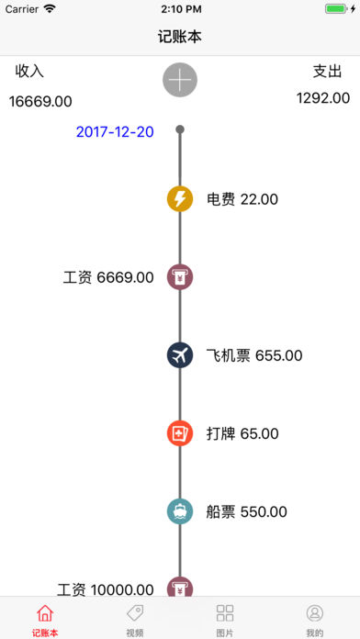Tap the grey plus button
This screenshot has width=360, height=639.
click(180, 80)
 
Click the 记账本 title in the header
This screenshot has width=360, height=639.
click(180, 37)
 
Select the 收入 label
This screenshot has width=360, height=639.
click(29, 71)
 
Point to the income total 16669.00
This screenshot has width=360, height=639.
click(40, 101)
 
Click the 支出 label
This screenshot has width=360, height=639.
click(328, 71)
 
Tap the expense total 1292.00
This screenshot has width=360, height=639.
click(322, 97)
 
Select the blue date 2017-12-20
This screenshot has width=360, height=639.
click(115, 131)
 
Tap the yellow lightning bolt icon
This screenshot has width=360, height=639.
click(180, 198)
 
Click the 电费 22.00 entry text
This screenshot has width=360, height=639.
click(242, 198)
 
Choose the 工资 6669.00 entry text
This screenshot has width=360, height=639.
click(108, 277)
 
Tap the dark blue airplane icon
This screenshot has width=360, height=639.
click(180, 355)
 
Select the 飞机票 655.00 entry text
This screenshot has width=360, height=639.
click(254, 355)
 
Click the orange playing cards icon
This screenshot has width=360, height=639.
click(180, 433)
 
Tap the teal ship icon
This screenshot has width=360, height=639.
click(180, 511)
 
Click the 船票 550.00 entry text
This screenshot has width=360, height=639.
click(247, 511)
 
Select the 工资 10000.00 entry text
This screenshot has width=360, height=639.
click(105, 589)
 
